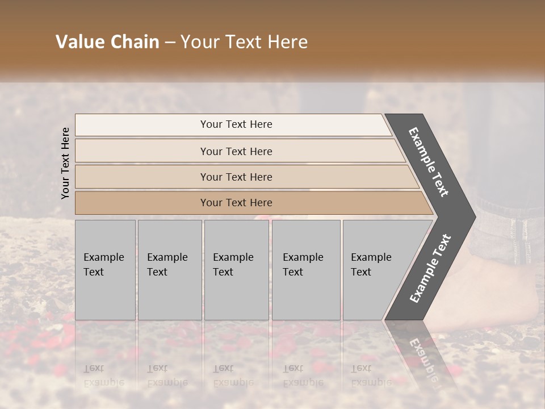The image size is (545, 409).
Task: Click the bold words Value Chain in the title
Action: click(x=107, y=42)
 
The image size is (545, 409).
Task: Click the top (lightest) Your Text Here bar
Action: click(x=236, y=124)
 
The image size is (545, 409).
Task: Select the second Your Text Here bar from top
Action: click(x=236, y=151)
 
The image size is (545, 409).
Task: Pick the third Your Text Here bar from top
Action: click(x=236, y=177)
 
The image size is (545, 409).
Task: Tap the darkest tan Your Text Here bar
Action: click(x=236, y=203)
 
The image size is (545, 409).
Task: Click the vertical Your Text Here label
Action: click(x=65, y=163)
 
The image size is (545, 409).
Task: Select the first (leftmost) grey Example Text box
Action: click(x=105, y=270)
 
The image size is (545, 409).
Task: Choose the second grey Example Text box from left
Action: click(x=169, y=270)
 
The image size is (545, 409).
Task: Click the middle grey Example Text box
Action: click(x=236, y=270)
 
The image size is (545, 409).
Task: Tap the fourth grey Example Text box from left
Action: click(x=305, y=270)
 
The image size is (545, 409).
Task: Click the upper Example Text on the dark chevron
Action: click(x=429, y=161)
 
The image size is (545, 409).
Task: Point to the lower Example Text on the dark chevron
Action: click(x=430, y=268)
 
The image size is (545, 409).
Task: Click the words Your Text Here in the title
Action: click(x=244, y=42)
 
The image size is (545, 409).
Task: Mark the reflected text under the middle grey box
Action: click(x=233, y=375)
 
